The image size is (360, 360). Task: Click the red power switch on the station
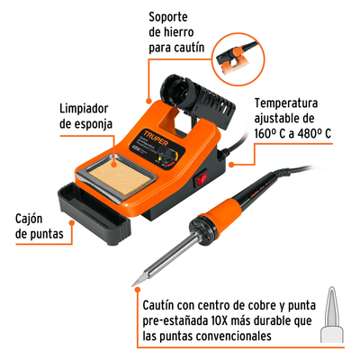201,178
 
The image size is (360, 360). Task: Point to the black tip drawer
94,213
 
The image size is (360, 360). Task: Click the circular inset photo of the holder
238,59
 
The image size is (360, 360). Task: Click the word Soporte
168,17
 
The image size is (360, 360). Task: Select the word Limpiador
84,108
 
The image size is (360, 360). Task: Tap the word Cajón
29,219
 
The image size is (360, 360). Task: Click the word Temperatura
286,103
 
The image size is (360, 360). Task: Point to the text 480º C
314,134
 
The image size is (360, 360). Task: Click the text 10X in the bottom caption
218,321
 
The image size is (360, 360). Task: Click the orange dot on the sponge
114,164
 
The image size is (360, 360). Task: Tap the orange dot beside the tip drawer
71,223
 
